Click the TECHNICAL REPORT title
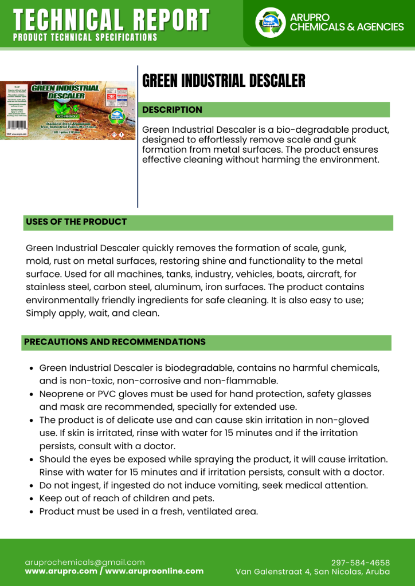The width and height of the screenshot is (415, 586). coord(111,20)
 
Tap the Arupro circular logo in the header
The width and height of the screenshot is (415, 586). coord(270,22)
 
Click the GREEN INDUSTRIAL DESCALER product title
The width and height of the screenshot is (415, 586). coord(224,81)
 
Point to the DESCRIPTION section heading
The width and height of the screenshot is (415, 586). coord(172,109)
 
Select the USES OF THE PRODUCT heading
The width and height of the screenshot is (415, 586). coord(76,221)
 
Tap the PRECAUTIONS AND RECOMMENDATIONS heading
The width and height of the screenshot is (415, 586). coord(115,342)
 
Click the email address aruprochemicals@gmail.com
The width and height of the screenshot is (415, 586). coord(85,562)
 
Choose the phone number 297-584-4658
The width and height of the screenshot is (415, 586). coord(361,563)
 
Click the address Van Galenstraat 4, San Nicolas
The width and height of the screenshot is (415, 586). coord(313,572)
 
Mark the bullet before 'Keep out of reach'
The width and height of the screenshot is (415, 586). coord(32,498)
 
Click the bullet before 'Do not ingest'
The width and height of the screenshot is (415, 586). coord(32,485)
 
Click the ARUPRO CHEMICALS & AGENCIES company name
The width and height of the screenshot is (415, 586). coord(347,22)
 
